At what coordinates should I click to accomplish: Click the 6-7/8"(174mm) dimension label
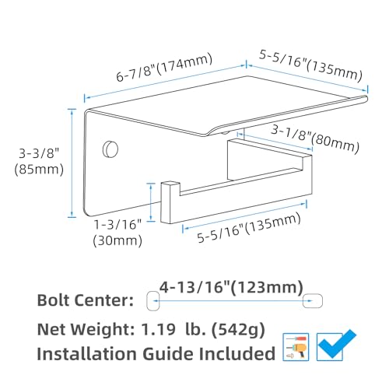(x=164, y=67)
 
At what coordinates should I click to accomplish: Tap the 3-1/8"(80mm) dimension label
(x=315, y=139)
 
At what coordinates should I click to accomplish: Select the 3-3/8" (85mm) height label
(x=39, y=162)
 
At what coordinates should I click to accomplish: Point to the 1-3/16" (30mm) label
(x=117, y=233)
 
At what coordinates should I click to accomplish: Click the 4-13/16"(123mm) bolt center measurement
(x=231, y=287)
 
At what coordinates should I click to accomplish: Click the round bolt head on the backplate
(x=110, y=149)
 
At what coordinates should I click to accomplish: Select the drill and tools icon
(x=296, y=347)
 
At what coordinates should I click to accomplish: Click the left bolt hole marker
(x=152, y=301)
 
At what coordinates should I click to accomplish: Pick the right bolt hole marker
(x=313, y=301)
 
